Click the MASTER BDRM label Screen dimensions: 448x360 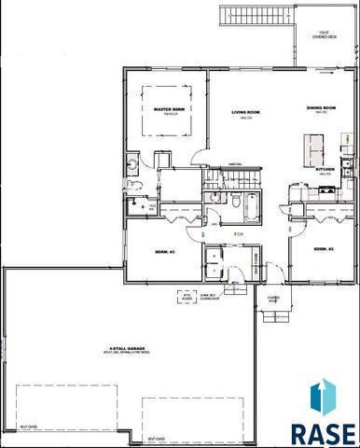[165, 110]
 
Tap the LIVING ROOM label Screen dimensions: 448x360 [245, 113]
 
